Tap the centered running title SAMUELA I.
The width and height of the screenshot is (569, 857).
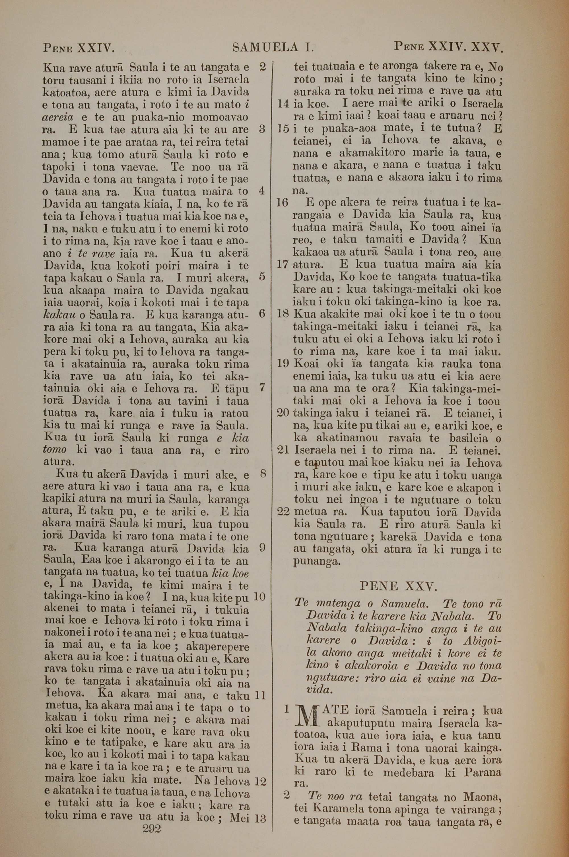273,47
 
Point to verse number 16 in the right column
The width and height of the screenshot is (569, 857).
282,202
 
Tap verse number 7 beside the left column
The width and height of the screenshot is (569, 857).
262,388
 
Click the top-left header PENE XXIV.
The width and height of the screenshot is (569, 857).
79,48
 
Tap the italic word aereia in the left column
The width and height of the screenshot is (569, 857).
58,117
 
